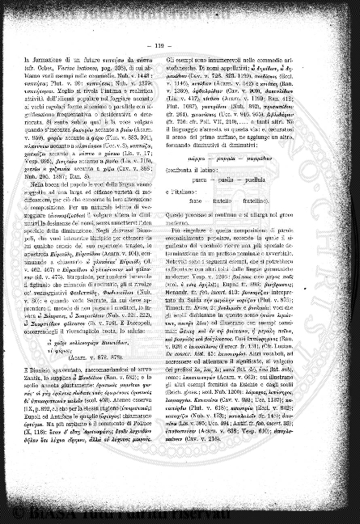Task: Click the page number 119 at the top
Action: pos(181,47)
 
